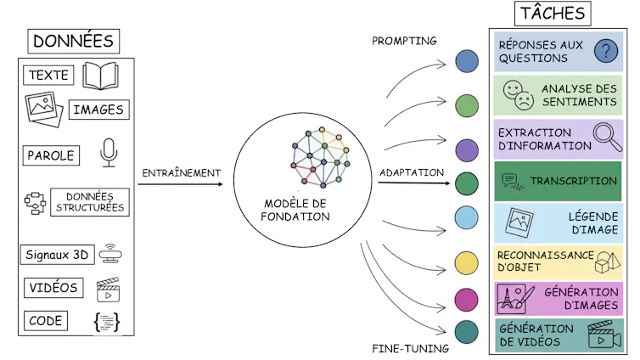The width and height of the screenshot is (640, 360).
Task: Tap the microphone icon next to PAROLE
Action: point(108,153)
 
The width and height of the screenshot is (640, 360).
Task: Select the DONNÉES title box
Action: point(73,41)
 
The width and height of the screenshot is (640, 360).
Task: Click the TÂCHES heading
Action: point(553,14)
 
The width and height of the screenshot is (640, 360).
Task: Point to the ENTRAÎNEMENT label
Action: point(182,173)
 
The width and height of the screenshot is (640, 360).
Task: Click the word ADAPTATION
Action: point(412,172)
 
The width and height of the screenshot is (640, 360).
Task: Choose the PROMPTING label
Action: point(405,41)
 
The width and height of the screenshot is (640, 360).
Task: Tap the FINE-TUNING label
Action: point(411,348)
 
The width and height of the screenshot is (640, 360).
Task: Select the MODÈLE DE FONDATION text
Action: point(295,210)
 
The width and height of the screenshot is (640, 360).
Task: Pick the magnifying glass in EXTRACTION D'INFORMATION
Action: point(605,135)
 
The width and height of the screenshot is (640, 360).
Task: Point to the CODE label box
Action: point(45,320)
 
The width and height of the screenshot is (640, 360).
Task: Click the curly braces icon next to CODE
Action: point(107,322)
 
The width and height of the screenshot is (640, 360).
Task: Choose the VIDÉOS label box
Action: point(52,288)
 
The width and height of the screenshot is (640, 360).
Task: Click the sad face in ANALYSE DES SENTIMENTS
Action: point(525,102)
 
